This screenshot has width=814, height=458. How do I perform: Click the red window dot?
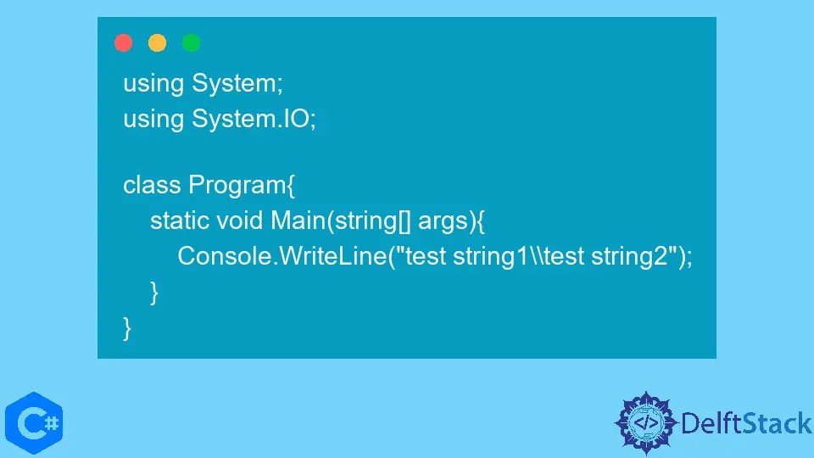[123, 43]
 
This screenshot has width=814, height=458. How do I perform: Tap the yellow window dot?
[157, 43]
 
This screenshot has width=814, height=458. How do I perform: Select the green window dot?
[191, 43]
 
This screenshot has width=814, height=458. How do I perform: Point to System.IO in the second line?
[254, 119]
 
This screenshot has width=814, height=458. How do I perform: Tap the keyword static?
[180, 221]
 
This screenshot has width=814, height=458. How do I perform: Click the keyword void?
[240, 221]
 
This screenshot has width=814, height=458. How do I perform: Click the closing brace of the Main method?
[154, 292]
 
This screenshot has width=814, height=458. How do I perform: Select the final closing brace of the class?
[127, 327]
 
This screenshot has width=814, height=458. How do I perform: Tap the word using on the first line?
[153, 85]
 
